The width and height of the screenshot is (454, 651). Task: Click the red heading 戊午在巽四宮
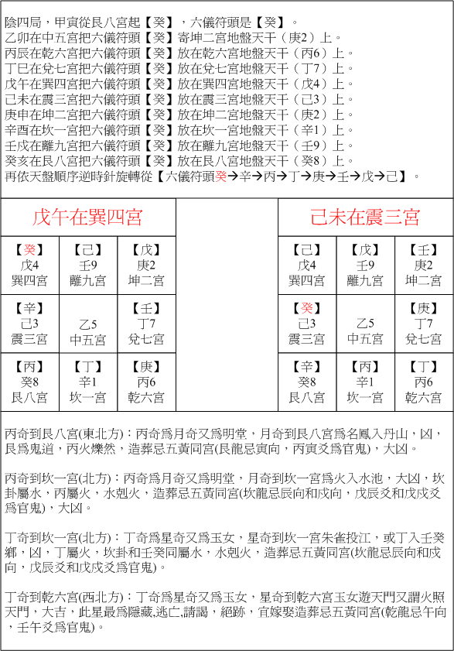(88, 217)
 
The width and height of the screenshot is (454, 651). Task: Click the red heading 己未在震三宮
(365, 217)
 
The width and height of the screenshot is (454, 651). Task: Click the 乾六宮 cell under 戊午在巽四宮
(146, 382)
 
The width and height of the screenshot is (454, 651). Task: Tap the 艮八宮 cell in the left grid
(30, 382)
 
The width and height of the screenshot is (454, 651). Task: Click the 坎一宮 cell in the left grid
(88, 382)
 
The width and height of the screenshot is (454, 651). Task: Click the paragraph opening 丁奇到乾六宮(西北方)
(224, 612)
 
